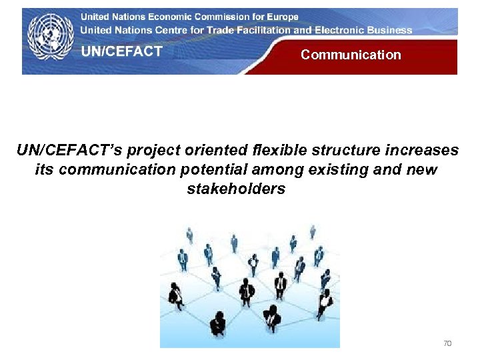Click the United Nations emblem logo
tap(51, 37)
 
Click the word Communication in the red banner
tap(351, 55)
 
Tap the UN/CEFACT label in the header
tap(122, 52)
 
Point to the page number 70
tap(447, 343)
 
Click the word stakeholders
tap(236, 189)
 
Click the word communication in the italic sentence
tap(117, 170)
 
